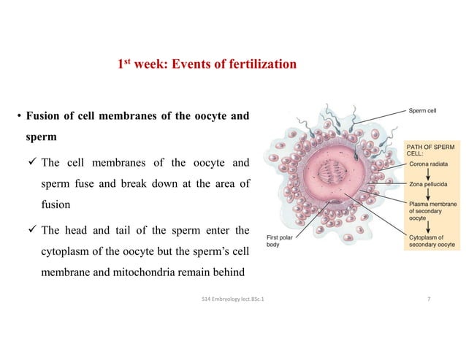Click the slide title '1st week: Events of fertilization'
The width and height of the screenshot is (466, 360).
tap(207, 64)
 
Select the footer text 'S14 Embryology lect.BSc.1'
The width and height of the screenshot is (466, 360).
tap(232, 299)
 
